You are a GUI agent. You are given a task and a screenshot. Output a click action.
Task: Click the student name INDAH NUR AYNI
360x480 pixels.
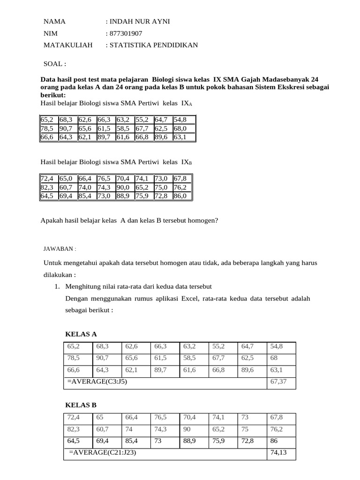coord(139,22)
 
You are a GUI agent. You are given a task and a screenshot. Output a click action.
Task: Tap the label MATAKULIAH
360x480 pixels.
coord(68,45)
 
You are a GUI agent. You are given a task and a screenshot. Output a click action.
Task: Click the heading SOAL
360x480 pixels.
coord(55,64)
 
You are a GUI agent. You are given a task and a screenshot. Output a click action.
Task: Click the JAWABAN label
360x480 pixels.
coord(60,249)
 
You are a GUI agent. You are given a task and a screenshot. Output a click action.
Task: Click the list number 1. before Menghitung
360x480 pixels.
coord(57,287)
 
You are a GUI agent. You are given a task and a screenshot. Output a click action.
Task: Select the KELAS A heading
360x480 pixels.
coord(81,334)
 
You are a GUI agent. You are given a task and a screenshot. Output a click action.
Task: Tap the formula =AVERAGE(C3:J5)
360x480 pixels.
coord(97,382)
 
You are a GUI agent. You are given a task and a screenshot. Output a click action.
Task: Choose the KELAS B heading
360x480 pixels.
coord(81,405)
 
